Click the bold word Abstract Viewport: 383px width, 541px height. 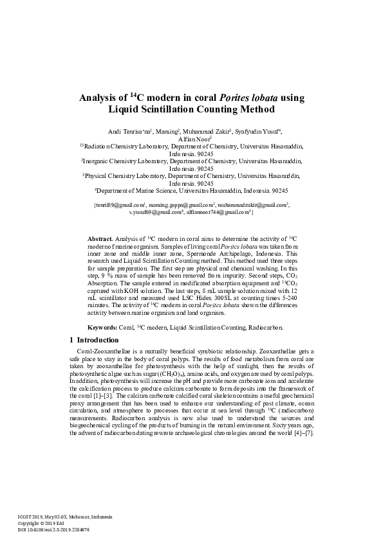point(100,238)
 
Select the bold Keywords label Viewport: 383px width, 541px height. point(102,327)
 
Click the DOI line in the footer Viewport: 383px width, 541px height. point(53,530)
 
